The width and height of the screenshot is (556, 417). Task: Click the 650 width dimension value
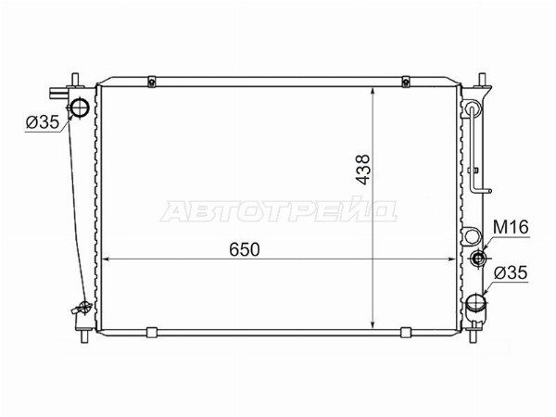[245, 249]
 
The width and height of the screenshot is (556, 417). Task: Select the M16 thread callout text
[511, 227]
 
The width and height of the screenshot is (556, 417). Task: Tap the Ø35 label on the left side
[43, 122]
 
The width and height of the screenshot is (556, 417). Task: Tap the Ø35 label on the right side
[511, 273]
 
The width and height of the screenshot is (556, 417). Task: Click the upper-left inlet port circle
[79, 107]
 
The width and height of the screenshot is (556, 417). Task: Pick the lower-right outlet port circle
[475, 302]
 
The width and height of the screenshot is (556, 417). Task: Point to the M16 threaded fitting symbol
[478, 258]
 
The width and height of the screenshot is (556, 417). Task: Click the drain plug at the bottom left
[82, 308]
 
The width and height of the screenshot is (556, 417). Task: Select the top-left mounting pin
[75, 80]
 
